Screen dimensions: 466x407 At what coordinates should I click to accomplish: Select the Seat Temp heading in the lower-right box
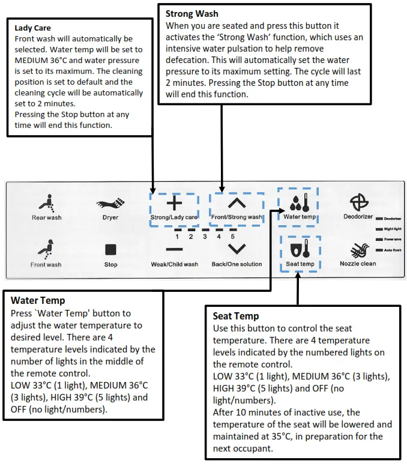(x=236, y=316)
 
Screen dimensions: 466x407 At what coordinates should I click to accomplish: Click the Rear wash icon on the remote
(x=47, y=203)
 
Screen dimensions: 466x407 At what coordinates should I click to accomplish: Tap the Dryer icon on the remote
(x=110, y=204)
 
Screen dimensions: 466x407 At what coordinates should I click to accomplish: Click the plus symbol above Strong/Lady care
(x=174, y=203)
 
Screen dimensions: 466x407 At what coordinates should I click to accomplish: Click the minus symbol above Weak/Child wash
(x=174, y=249)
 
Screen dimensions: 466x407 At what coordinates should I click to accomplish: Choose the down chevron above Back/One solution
(x=237, y=248)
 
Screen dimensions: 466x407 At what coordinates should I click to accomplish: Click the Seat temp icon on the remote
(x=299, y=249)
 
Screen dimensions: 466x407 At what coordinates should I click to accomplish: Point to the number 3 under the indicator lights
(x=205, y=237)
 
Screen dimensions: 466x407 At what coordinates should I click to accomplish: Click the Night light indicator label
(x=393, y=229)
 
